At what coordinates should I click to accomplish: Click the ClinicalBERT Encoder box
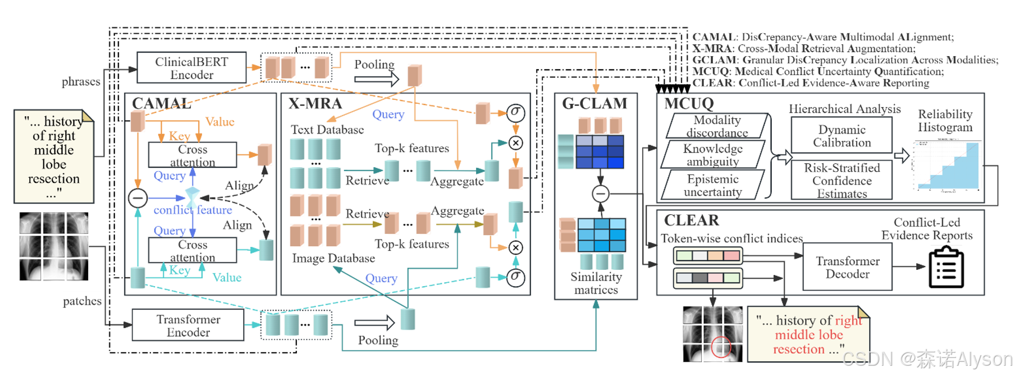pos(191,68)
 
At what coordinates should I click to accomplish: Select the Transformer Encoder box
pos(188,325)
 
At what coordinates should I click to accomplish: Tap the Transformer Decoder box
pos(847,268)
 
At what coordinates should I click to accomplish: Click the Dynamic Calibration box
pos(842,136)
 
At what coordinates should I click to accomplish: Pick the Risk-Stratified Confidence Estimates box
pos(842,181)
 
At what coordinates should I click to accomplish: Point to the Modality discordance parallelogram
pos(717,126)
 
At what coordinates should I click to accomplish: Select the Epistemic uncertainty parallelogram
pos(712,185)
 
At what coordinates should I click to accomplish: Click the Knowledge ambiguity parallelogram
pos(712,155)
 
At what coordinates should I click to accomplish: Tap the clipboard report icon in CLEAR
pos(946,268)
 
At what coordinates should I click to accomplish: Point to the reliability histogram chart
pos(947,167)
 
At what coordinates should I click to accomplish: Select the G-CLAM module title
pos(595,103)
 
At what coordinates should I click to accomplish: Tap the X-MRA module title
pos(315,103)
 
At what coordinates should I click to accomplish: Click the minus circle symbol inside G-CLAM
pos(601,194)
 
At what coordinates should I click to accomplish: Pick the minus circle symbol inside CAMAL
pos(138,197)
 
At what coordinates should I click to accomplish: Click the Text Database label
pos(327,130)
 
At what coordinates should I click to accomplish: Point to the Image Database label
pos(333,258)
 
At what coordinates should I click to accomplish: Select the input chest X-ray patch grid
pos(54,246)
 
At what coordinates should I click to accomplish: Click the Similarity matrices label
pos(596,283)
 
